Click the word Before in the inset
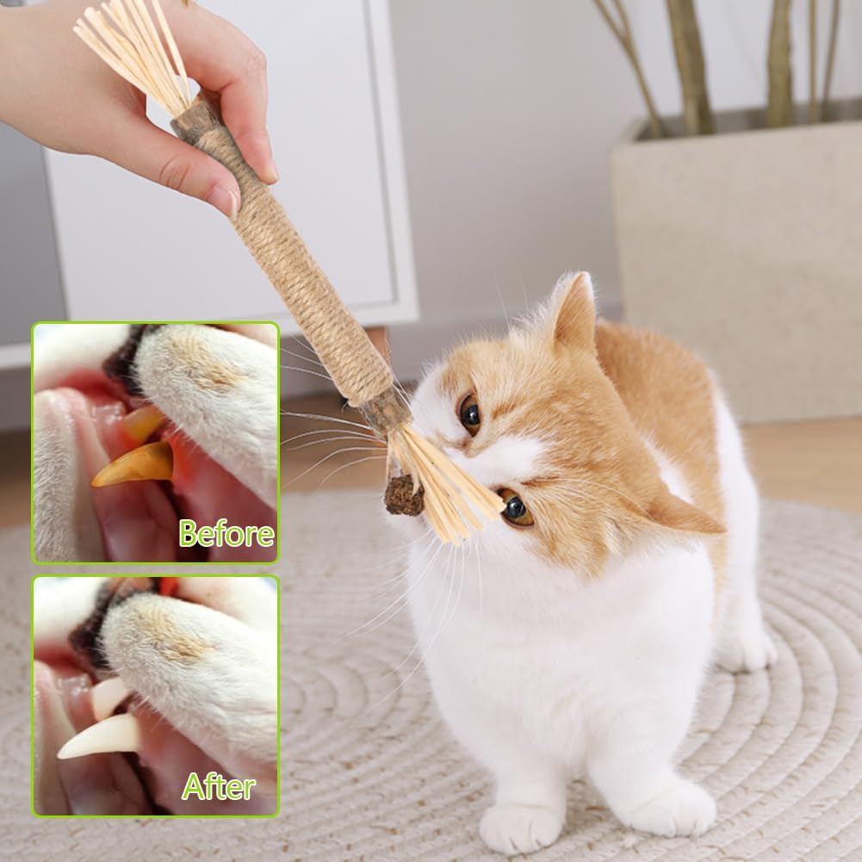tap(226, 533)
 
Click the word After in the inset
tap(218, 787)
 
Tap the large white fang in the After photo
tap(100, 736)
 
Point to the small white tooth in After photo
tap(110, 696)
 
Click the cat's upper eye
tap(470, 415)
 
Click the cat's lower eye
tap(515, 507)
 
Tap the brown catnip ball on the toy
tap(404, 495)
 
